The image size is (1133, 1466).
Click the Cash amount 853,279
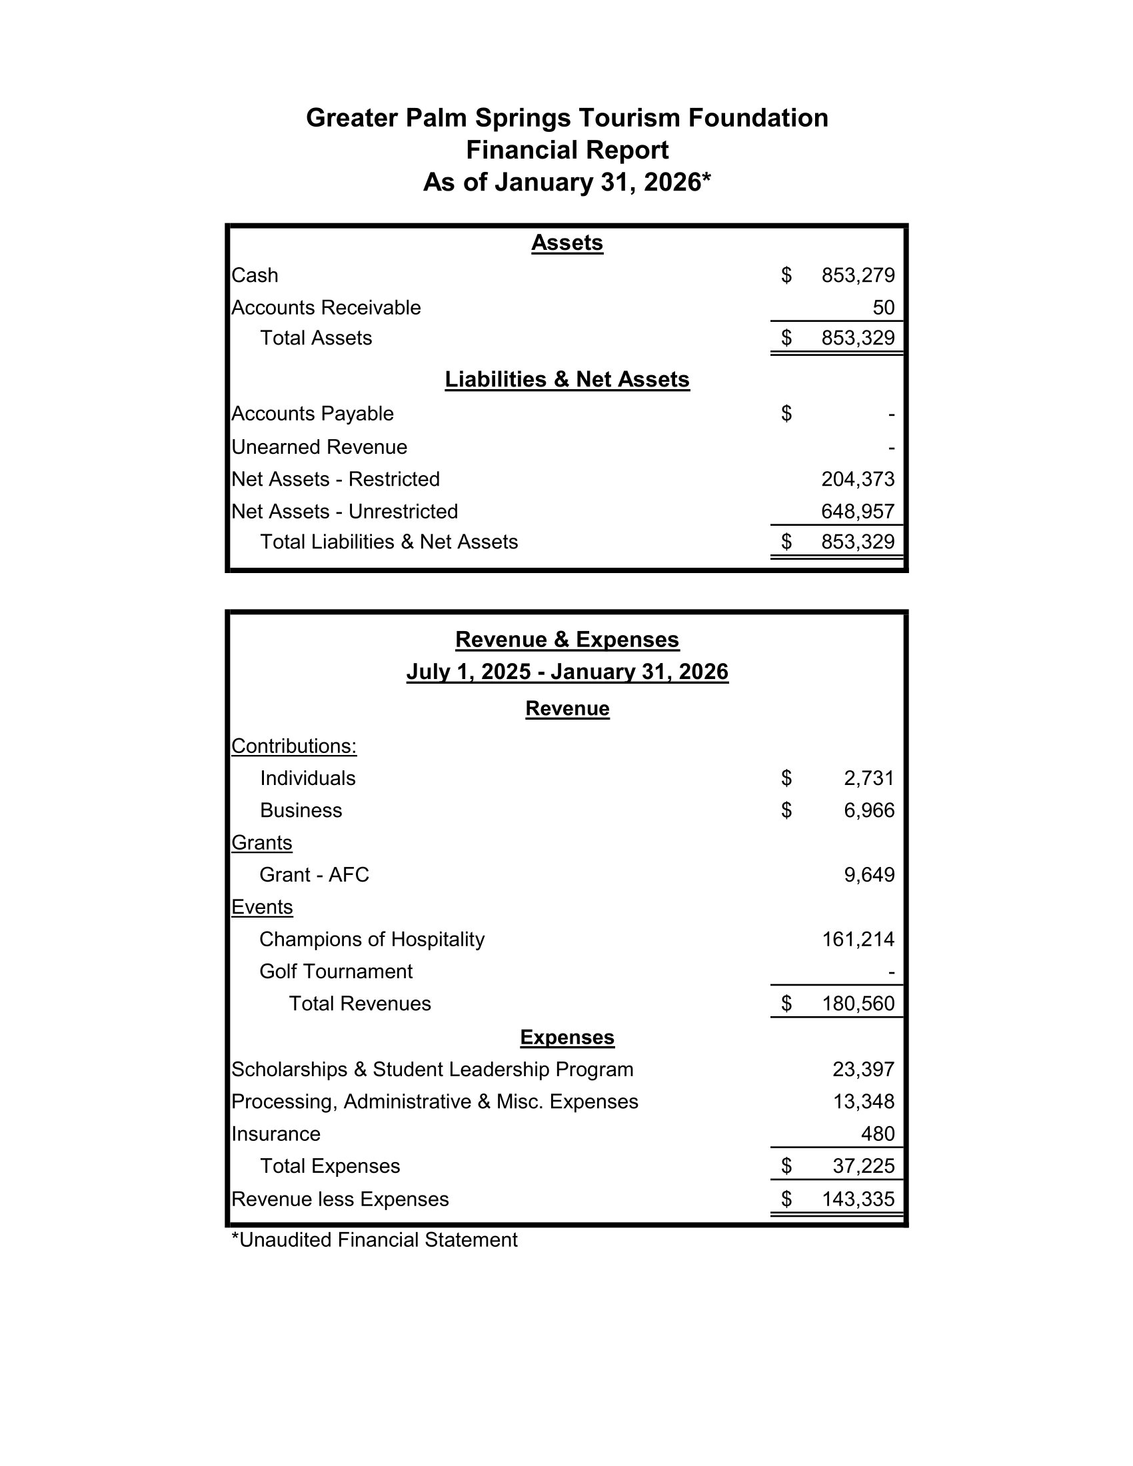coord(857,275)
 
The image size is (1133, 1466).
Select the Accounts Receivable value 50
coord(883,307)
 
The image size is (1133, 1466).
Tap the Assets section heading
coord(566,243)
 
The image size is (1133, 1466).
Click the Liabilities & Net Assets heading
coord(566,379)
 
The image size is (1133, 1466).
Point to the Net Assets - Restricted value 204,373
coord(857,479)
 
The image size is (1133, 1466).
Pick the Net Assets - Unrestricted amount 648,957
coord(857,512)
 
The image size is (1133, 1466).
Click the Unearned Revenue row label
coord(319,447)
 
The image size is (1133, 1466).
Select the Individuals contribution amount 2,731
coord(868,778)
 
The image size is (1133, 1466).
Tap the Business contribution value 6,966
coord(868,810)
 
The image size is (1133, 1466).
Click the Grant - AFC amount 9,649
coord(868,875)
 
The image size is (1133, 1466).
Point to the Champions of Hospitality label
coord(371,939)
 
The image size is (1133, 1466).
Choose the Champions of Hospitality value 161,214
coord(858,939)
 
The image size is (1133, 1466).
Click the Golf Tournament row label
coord(336,972)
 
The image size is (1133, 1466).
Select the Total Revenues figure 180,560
coord(857,1004)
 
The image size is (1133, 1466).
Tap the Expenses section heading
coord(566,1037)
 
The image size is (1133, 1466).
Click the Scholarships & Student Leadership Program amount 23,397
coord(863,1070)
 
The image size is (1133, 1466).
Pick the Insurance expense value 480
coord(877,1133)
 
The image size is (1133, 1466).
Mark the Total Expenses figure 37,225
coord(863,1166)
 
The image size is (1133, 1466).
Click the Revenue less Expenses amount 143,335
coord(857,1199)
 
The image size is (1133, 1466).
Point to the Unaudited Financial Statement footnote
coord(374,1240)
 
